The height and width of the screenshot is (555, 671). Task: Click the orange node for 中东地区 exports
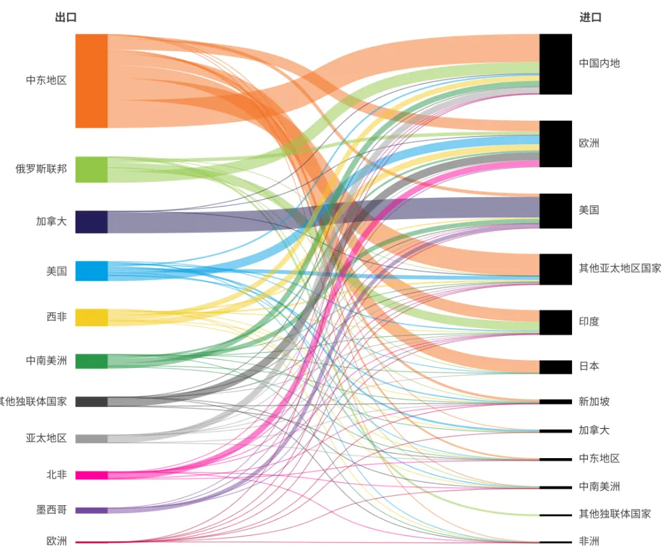tap(91, 81)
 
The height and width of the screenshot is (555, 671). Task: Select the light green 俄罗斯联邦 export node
tap(91, 169)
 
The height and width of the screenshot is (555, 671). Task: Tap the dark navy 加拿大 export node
tap(91, 222)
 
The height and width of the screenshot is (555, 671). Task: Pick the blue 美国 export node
tap(91, 271)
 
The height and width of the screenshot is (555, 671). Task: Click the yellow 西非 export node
tap(91, 317)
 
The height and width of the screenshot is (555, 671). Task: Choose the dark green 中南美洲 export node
tap(91, 361)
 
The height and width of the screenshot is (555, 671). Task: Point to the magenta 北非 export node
tap(91, 475)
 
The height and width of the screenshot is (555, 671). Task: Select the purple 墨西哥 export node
tap(91, 511)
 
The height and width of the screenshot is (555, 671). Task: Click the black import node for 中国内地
tap(555, 64)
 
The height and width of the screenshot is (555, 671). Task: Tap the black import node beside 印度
tap(555, 322)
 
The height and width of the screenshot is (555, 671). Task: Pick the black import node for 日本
tap(555, 366)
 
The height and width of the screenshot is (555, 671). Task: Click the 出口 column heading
tap(65, 18)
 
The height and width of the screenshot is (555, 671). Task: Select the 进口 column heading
tap(590, 18)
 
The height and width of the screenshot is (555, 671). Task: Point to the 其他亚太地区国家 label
tap(620, 268)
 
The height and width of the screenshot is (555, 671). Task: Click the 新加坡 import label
tap(594, 401)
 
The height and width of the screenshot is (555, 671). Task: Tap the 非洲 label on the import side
tap(589, 541)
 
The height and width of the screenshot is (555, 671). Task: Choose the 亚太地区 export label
tap(47, 438)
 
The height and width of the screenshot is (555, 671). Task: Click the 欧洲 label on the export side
tap(56, 541)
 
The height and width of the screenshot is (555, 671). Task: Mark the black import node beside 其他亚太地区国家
tap(555, 269)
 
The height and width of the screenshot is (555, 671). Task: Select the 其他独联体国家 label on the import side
tap(615, 514)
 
